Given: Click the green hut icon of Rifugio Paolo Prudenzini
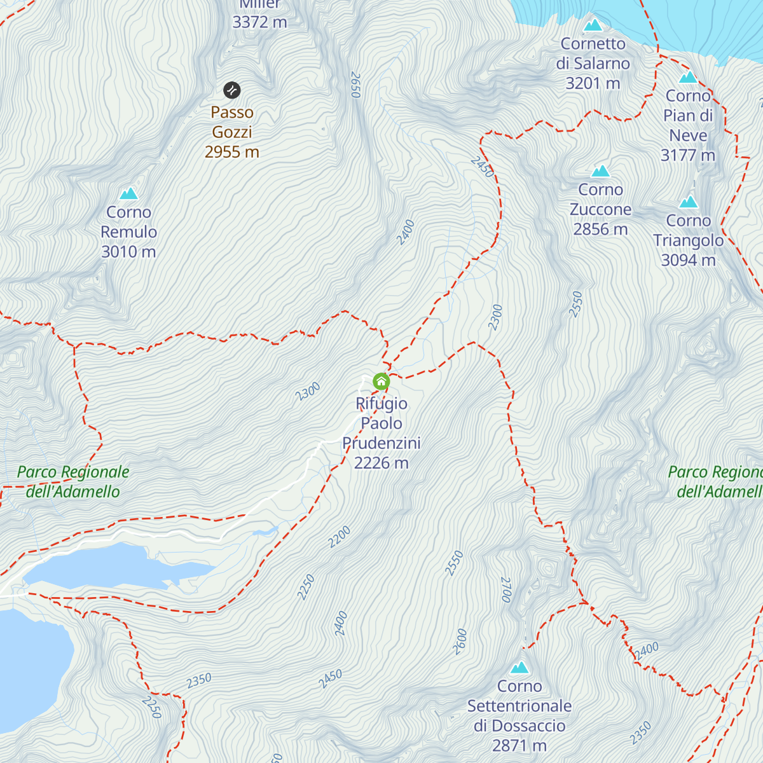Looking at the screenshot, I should coord(381,381).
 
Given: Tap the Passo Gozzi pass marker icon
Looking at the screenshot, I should coord(232,90).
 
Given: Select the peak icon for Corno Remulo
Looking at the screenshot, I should coord(129,193).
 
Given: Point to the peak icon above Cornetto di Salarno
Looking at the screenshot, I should coord(593,25).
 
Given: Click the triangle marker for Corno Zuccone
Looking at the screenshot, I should coord(601,171).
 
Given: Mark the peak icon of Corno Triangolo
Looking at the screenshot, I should coord(688,202).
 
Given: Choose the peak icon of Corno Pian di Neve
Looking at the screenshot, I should coord(688,78).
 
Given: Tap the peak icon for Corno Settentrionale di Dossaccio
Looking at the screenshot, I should coord(520,668).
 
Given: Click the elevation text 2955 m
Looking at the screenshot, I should coord(232,152).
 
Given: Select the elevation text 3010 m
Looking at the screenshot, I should coord(128,252).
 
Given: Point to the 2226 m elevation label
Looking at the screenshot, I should coord(381,463).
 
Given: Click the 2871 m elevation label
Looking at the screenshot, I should coord(519,745).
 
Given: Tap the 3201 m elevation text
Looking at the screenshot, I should coord(593,83).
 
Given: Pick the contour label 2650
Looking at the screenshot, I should coord(355,85).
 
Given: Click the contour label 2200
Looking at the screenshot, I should coord(340,537).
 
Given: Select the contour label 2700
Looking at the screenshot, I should coord(506,589).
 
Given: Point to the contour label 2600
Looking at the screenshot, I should coord(460,642).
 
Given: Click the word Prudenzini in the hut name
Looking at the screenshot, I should coord(381,443).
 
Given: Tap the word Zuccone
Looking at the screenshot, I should coord(600,209).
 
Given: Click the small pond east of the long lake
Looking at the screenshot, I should coord(265,530).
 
